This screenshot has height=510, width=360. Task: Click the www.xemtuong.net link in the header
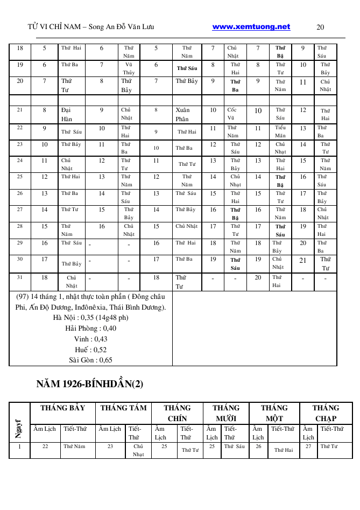click(251, 27)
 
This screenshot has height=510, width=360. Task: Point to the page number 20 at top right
click(320, 27)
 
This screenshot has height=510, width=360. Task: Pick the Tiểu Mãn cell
click(280, 132)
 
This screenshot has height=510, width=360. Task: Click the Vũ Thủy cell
click(129, 68)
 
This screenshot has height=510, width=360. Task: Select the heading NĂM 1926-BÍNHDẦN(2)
click(90, 384)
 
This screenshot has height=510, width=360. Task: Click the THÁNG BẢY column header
click(62, 408)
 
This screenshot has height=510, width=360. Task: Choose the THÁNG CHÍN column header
click(177, 413)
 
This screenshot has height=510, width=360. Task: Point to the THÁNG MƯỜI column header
click(226, 413)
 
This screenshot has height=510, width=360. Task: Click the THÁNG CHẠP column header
click(326, 413)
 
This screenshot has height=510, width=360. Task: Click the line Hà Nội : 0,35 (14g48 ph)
click(91, 317)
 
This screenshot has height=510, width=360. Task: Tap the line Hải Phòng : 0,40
click(90, 328)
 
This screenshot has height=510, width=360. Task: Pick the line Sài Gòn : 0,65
click(90, 360)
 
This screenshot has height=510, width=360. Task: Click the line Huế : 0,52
click(90, 349)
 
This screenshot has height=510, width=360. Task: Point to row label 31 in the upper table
click(20, 277)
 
